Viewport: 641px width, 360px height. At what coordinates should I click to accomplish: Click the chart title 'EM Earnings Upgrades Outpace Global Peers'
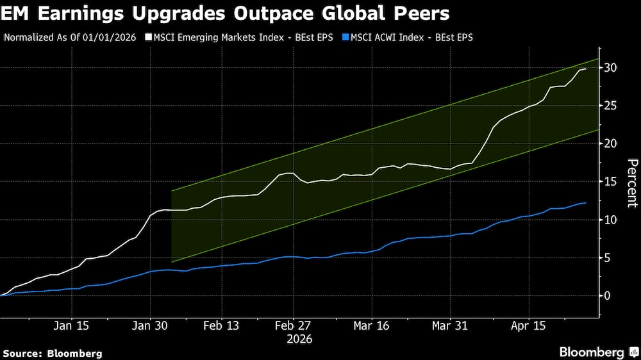(224, 13)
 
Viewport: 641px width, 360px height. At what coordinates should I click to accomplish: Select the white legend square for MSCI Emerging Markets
(149, 37)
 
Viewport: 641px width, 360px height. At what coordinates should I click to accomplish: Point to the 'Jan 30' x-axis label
(150, 325)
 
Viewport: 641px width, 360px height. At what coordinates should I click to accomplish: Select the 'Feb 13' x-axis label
(221, 325)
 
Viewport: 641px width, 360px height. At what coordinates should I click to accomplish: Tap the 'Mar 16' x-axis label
(370, 325)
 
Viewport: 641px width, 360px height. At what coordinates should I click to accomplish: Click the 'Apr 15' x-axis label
(529, 325)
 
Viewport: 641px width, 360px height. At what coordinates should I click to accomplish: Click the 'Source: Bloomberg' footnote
(53, 353)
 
